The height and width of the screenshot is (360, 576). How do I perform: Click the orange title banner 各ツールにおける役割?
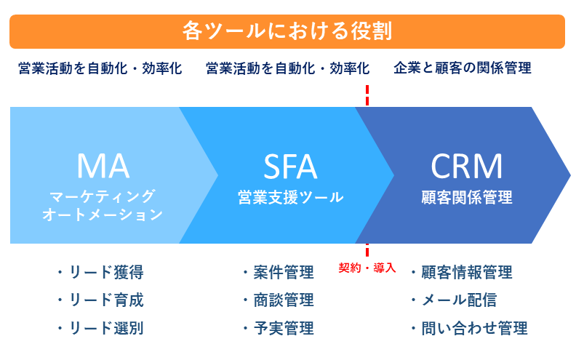(x=287, y=31)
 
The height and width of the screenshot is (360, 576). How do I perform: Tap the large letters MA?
(x=103, y=166)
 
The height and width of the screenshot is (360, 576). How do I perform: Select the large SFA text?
(x=290, y=166)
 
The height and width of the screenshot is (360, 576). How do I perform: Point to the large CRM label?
(x=466, y=166)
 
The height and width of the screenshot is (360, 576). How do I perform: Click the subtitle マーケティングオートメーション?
(x=103, y=205)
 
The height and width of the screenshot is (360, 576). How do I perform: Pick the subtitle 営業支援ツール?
(x=290, y=197)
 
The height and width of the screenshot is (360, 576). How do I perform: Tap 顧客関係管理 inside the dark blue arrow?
(x=466, y=197)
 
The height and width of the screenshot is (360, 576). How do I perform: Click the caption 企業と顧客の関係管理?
(x=463, y=68)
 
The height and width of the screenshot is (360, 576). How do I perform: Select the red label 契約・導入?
(x=367, y=268)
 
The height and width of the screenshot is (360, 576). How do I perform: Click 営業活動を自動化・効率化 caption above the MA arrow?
(x=100, y=68)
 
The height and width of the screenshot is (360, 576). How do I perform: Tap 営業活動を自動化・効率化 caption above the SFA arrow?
(x=287, y=68)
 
